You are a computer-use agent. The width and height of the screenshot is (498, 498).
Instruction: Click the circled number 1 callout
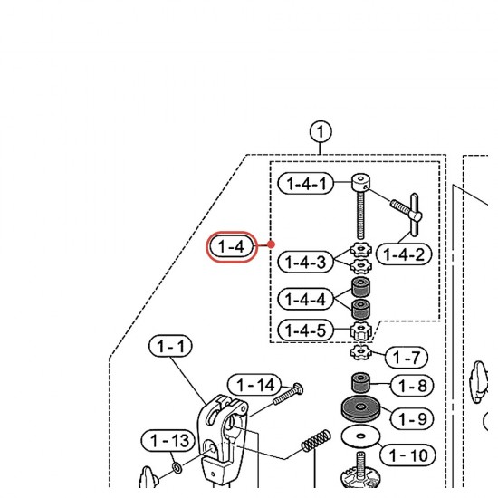tap(321, 132)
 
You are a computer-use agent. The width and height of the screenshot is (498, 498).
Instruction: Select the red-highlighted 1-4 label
tap(231, 247)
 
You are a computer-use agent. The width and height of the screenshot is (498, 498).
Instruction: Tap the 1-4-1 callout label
tap(306, 183)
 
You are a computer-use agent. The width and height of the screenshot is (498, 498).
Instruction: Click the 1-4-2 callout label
tap(404, 254)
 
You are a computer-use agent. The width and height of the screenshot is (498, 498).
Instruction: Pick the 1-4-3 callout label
tap(305, 262)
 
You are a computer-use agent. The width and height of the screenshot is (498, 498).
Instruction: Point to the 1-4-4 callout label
tap(305, 299)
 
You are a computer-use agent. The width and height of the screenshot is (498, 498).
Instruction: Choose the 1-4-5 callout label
tap(305, 330)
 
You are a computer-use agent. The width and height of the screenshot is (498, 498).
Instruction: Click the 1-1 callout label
tap(170, 346)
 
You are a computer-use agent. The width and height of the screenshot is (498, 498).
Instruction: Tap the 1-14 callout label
tap(255, 385)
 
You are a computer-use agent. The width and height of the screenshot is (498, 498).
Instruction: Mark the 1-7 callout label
tap(407, 358)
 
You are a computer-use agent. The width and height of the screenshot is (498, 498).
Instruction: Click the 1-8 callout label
tap(412, 386)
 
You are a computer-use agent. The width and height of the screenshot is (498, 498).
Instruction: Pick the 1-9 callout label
tap(412, 418)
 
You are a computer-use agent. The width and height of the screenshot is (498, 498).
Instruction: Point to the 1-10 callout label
tap(408, 455)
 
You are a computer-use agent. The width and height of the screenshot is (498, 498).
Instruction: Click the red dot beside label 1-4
tap(271, 244)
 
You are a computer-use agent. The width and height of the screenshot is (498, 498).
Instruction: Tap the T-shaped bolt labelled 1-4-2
tap(407, 215)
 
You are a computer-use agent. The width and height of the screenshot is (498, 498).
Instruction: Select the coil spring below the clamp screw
tap(316, 441)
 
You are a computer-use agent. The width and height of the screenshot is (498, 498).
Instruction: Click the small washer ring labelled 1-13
tap(177, 467)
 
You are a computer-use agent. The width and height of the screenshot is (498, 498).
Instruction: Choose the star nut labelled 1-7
tap(360, 352)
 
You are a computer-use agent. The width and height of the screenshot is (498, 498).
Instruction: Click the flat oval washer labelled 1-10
tap(360, 436)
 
